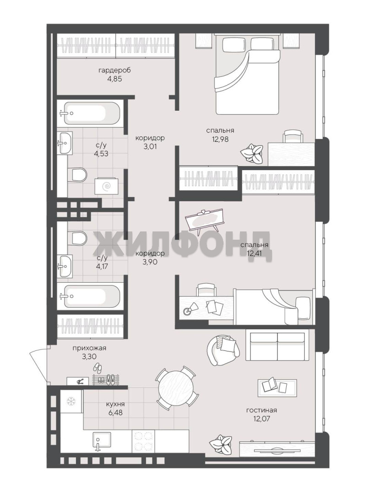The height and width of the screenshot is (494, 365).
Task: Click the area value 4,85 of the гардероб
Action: tap(114, 79)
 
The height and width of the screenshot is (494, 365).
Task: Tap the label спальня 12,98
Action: tap(220, 134)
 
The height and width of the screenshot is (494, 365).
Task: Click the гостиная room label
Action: tap(261, 410)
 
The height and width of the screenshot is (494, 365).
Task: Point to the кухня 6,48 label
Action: tap(114, 408)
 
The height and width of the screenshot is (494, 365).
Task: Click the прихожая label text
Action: tap(89, 348)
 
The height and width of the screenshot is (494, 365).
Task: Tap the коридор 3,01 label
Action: tap(150, 142)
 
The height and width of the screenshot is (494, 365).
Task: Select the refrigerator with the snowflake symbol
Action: tap(71, 401)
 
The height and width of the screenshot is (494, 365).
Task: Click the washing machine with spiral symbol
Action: tap(107, 187)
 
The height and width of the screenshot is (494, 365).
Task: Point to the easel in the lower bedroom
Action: tap(203, 220)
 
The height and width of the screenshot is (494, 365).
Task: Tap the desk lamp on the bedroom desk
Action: tap(190, 309)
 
